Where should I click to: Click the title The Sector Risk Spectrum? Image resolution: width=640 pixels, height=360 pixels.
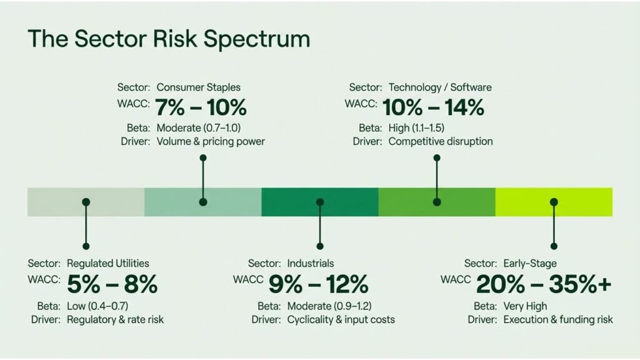pos(169,39)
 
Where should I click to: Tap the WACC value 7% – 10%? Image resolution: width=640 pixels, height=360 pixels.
pos(201,107)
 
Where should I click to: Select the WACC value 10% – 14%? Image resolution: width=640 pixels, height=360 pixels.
pos(433,107)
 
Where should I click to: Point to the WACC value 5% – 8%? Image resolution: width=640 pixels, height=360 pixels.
pos(112,284)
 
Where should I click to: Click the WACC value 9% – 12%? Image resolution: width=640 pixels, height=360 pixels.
pos(318,284)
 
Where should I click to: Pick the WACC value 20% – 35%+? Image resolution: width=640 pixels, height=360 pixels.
pos(544,284)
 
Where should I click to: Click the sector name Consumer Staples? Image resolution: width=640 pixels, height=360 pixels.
pos(198,87)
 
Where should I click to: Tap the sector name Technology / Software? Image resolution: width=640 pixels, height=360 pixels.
pos(440,87)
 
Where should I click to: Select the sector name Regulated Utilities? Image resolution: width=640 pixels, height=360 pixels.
pos(107,263)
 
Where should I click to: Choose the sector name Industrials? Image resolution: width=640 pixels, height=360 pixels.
pos(310,263)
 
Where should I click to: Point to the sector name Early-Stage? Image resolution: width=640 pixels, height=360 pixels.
pos(530,264)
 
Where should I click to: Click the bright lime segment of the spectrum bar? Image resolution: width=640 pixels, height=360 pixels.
pos(554,202)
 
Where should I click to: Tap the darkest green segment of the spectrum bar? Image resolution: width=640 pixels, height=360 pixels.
pos(320,202)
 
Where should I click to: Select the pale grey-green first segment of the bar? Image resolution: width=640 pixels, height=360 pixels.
pos(86,202)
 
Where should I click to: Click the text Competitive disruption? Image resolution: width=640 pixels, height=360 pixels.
pos(441,142)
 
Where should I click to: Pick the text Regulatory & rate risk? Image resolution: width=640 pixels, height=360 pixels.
pos(115,319)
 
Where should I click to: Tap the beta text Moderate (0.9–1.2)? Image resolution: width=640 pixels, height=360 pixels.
pos(329,306)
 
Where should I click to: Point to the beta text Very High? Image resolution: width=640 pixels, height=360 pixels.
pos(525,306)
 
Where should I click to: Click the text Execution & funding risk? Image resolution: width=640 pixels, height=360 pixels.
pos(558,319)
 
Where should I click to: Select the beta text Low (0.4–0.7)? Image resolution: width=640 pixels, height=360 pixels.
pos(97,306)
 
